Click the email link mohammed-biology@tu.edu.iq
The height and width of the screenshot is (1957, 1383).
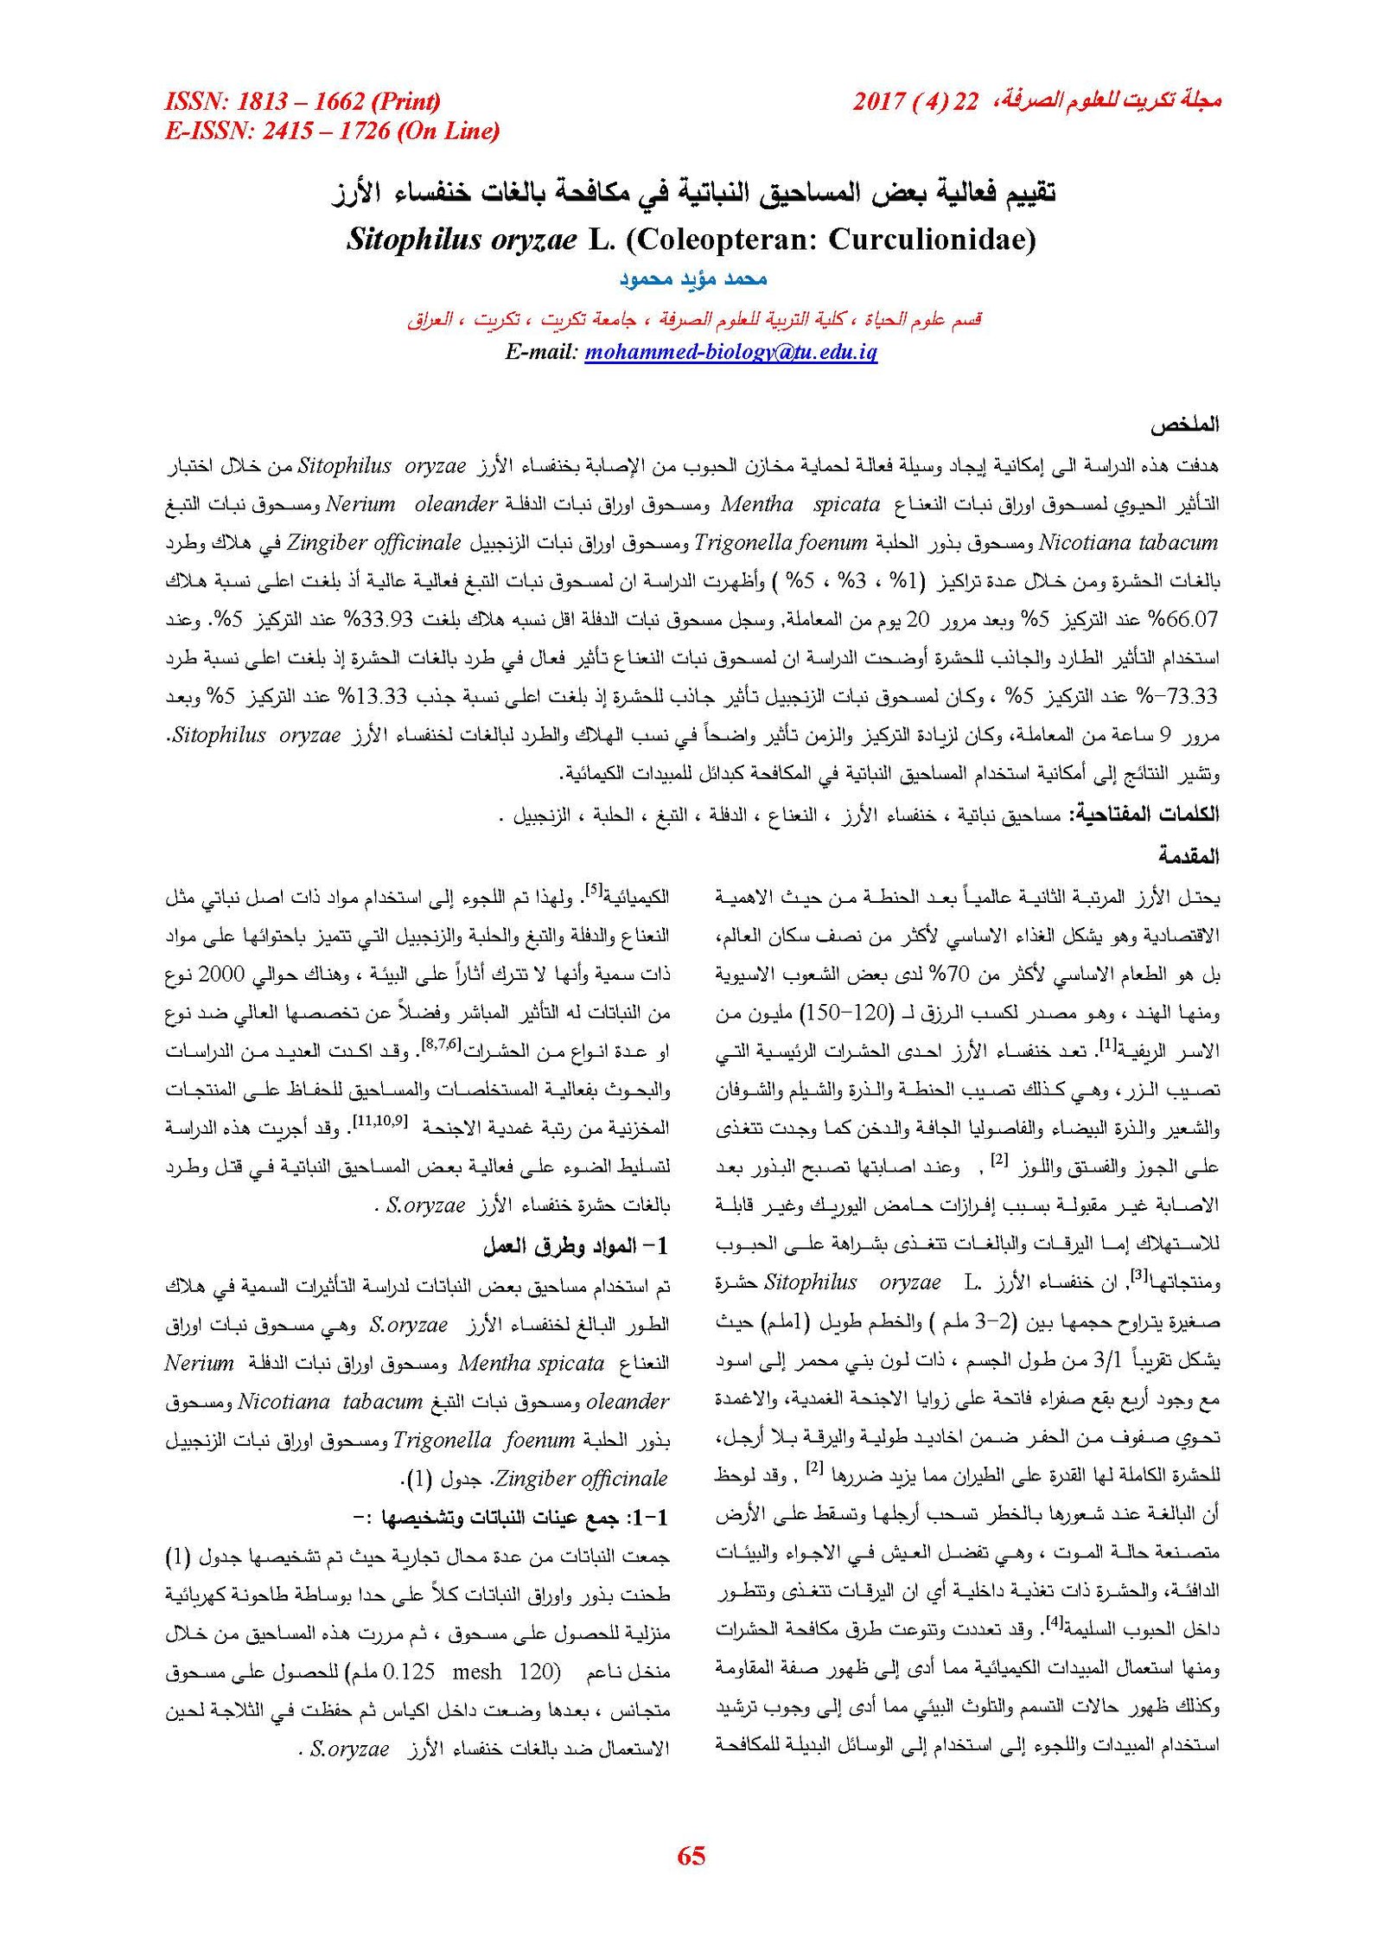click(x=730, y=352)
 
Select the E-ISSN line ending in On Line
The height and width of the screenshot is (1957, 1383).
click(x=332, y=131)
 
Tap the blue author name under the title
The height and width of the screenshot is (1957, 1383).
click(x=693, y=279)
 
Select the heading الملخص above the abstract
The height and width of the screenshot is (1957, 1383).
click(x=1183, y=425)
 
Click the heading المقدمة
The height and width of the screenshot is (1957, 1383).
click(x=1189, y=856)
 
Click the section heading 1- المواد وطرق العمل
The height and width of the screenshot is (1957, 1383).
click(x=576, y=1246)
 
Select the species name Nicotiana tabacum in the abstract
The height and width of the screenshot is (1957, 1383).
click(x=1128, y=543)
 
